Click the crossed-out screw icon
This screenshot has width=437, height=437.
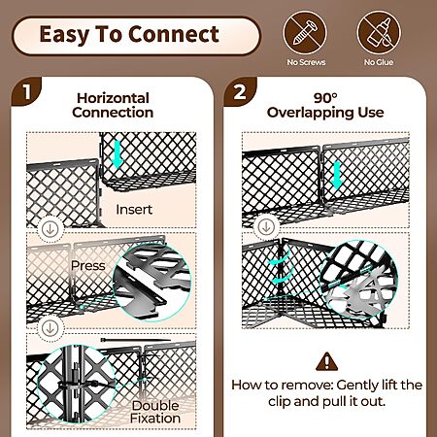[305, 33]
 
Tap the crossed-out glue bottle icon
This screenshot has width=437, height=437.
[379, 33]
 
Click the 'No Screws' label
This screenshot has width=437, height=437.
[306, 62]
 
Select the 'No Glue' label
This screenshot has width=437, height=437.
[379, 62]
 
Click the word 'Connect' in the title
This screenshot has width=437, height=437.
[174, 34]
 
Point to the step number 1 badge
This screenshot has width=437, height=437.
[27, 92]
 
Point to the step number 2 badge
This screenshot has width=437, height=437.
[240, 92]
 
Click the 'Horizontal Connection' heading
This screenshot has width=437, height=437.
[113, 106]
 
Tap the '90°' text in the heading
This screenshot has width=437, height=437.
[325, 98]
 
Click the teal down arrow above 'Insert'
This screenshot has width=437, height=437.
[117, 155]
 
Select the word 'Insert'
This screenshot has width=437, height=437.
[134, 210]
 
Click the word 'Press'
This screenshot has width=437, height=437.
[88, 266]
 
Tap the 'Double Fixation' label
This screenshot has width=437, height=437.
[155, 412]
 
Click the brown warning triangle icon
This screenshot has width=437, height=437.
[326, 362]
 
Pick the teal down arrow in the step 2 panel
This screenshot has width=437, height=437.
[337, 176]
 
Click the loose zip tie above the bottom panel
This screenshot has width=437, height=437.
[135, 340]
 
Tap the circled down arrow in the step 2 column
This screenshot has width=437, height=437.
[266, 227]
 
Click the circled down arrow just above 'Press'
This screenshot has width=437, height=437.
[50, 229]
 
